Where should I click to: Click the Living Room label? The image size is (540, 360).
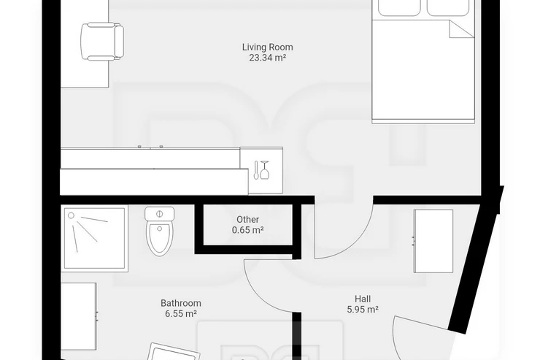(x=267, y=47)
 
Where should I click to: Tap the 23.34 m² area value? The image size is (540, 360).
(x=268, y=58)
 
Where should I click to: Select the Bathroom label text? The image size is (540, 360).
(x=181, y=303)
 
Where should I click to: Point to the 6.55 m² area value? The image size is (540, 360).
(x=181, y=314)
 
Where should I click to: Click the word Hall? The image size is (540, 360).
(x=363, y=299)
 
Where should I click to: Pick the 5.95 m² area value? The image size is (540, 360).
(x=363, y=310)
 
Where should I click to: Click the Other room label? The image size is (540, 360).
(x=247, y=220)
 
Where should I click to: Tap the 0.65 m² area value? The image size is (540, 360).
(x=247, y=230)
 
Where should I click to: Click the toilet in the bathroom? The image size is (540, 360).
(x=160, y=231)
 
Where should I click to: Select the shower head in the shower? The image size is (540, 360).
(x=72, y=215)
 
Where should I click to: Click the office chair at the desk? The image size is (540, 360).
(x=102, y=42)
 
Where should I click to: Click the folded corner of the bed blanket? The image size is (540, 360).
(x=460, y=29)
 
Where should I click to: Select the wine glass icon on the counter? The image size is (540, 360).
(x=264, y=170)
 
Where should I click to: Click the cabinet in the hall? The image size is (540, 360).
(x=433, y=241)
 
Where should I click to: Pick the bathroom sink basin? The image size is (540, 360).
(x=174, y=353)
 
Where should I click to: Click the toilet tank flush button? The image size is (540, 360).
(x=159, y=213)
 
